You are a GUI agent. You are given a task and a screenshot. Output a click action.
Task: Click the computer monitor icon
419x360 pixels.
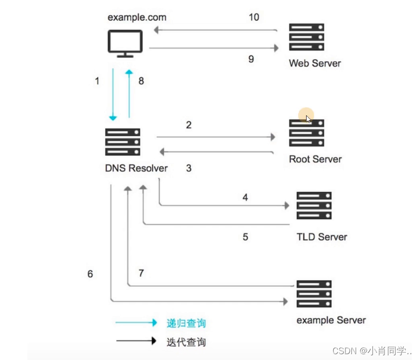click(125, 43)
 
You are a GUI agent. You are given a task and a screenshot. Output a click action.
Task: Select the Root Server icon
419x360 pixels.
click(306, 133)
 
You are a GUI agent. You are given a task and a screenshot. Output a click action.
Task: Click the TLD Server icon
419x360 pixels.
click(314, 205)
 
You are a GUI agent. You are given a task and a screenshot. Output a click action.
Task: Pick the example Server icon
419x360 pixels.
click(314, 294)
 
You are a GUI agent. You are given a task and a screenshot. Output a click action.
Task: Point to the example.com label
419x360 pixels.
click(137, 18)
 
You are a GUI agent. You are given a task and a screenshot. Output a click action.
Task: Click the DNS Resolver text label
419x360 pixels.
click(136, 168)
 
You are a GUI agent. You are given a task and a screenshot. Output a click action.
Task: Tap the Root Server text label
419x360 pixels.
click(315, 159)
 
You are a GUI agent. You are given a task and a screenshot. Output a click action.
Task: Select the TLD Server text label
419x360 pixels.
click(322, 237)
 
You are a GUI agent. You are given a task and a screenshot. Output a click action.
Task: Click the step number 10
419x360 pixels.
click(254, 18)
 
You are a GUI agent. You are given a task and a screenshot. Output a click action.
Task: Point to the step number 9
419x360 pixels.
click(251, 59)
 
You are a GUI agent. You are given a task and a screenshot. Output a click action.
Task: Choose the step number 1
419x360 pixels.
click(97, 81)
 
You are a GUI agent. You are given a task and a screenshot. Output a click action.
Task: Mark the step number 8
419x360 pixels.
click(141, 81)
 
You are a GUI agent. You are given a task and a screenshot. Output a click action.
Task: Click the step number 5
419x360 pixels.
click(245, 237)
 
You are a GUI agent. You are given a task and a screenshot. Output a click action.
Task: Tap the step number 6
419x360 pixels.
click(90, 274)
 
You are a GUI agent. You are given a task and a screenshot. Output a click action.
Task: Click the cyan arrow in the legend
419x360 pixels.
click(136, 323)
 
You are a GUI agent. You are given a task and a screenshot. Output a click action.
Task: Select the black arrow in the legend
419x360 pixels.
click(136, 341)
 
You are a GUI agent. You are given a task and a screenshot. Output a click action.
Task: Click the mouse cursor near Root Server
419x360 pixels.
click(308, 118)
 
